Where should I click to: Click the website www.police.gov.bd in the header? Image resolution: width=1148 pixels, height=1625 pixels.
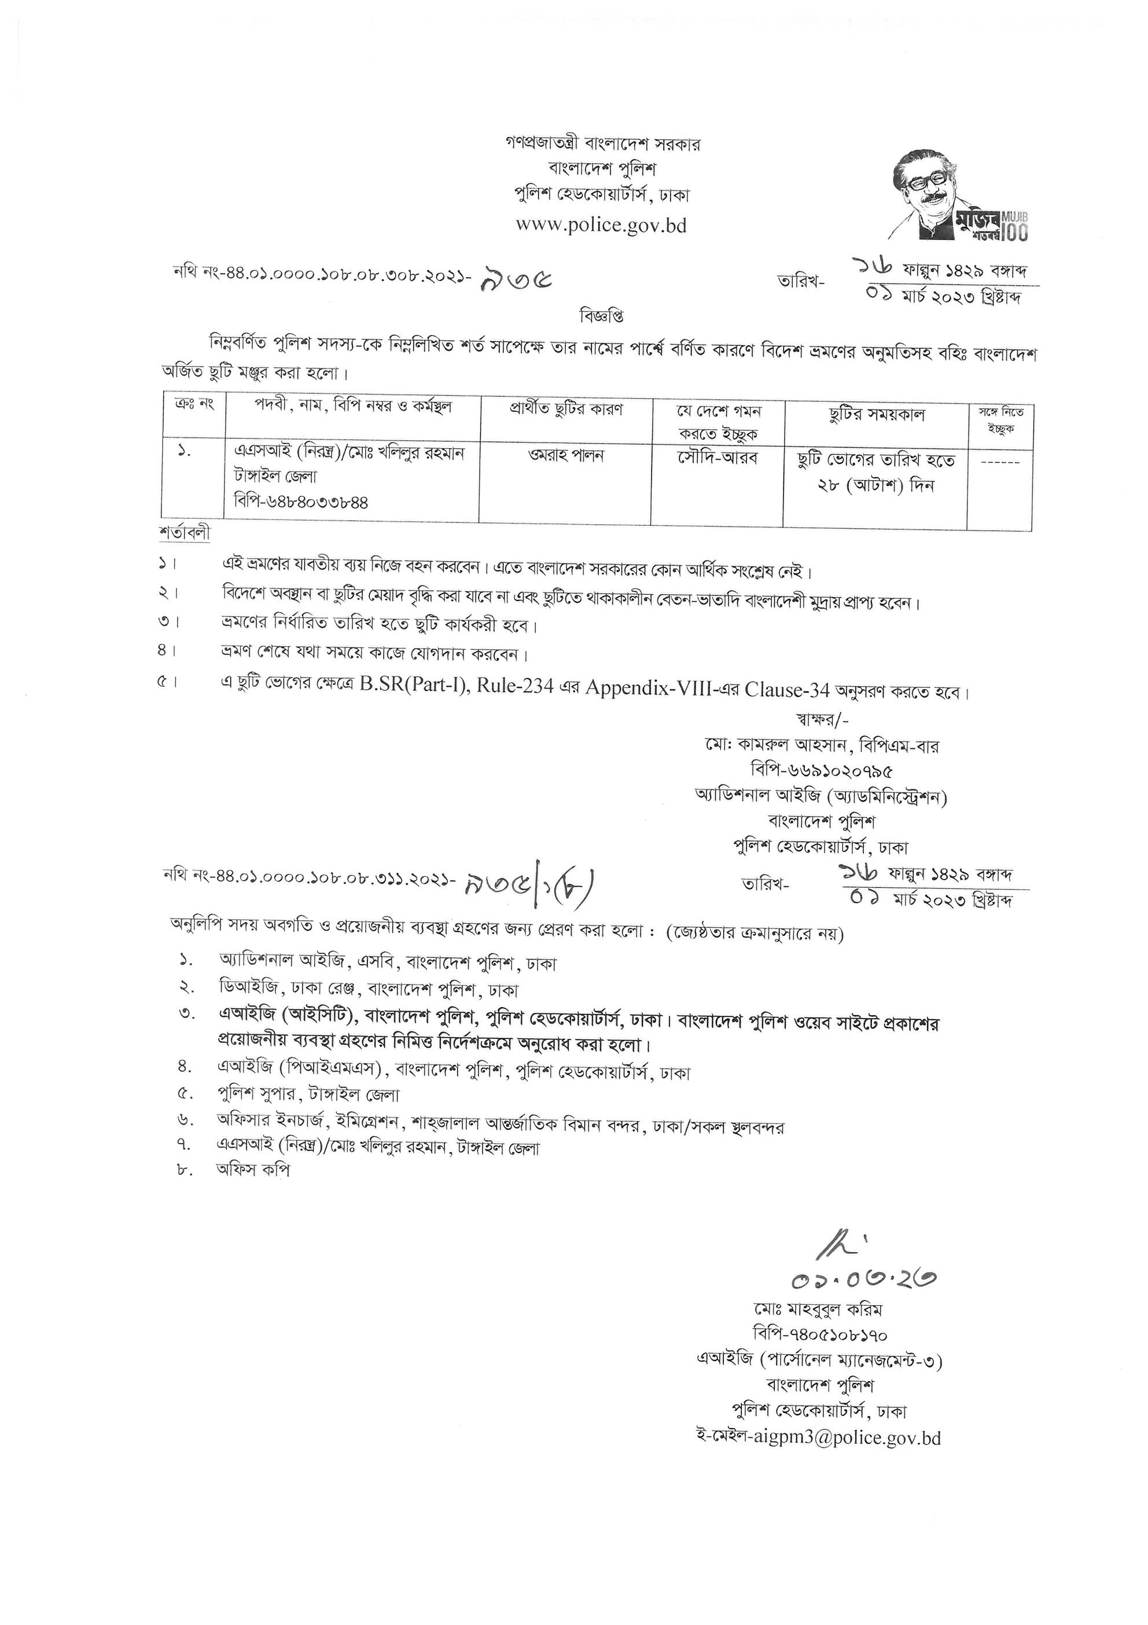click(601, 225)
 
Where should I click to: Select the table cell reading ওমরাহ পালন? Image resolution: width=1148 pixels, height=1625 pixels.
click(565, 456)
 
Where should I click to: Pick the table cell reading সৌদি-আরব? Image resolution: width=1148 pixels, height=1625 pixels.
click(716, 457)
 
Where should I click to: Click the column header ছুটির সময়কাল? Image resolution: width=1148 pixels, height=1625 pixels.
click(877, 415)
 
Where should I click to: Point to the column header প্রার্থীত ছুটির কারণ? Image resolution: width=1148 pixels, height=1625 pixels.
click(566, 410)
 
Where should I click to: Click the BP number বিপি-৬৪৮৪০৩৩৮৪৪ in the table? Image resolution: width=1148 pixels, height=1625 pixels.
click(301, 502)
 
